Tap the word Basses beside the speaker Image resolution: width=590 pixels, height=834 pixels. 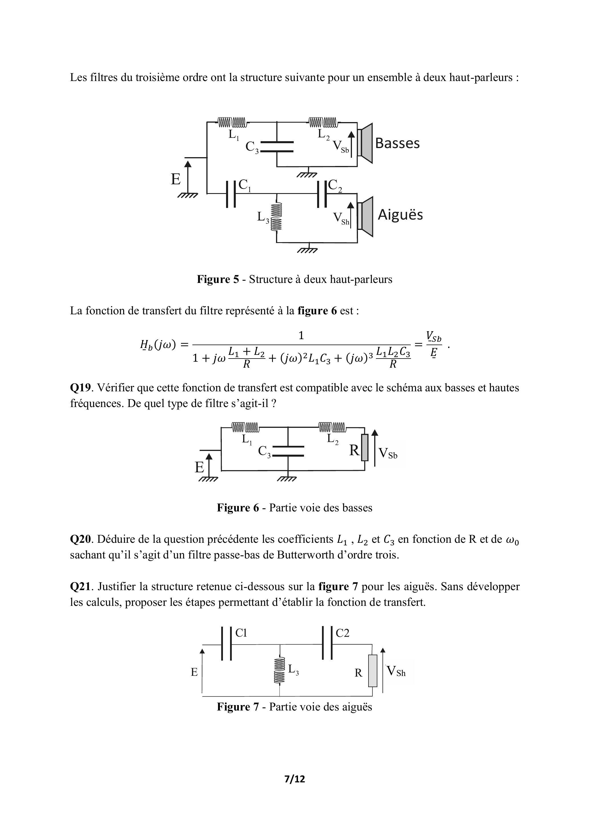pyautogui.click(x=397, y=143)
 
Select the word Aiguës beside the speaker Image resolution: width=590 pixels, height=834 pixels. pyautogui.click(x=400, y=215)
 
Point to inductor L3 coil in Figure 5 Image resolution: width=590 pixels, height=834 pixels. pyautogui.click(x=277, y=217)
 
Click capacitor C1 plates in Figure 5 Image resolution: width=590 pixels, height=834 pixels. pyautogui.click(x=231, y=194)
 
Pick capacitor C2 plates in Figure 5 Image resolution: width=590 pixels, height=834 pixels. pyautogui.click(x=322, y=194)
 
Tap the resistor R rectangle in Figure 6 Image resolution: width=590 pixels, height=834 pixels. pyautogui.click(x=365, y=448)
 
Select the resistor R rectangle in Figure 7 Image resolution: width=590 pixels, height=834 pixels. pyautogui.click(x=372, y=671)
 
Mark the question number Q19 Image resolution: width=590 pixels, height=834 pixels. pyautogui.click(x=80, y=388)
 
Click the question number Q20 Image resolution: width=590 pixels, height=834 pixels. pyautogui.click(x=80, y=539)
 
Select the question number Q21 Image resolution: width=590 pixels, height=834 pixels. pyautogui.click(x=80, y=586)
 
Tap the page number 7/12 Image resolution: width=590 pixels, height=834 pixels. pyautogui.click(x=295, y=778)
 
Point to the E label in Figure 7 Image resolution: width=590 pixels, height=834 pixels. pyautogui.click(x=194, y=672)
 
